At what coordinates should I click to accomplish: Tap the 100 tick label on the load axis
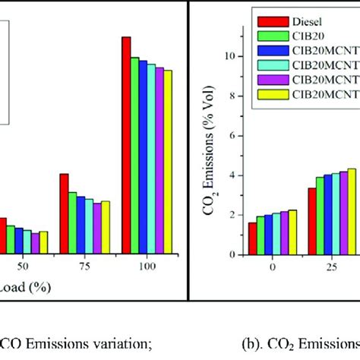147,268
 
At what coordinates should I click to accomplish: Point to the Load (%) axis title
23,289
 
